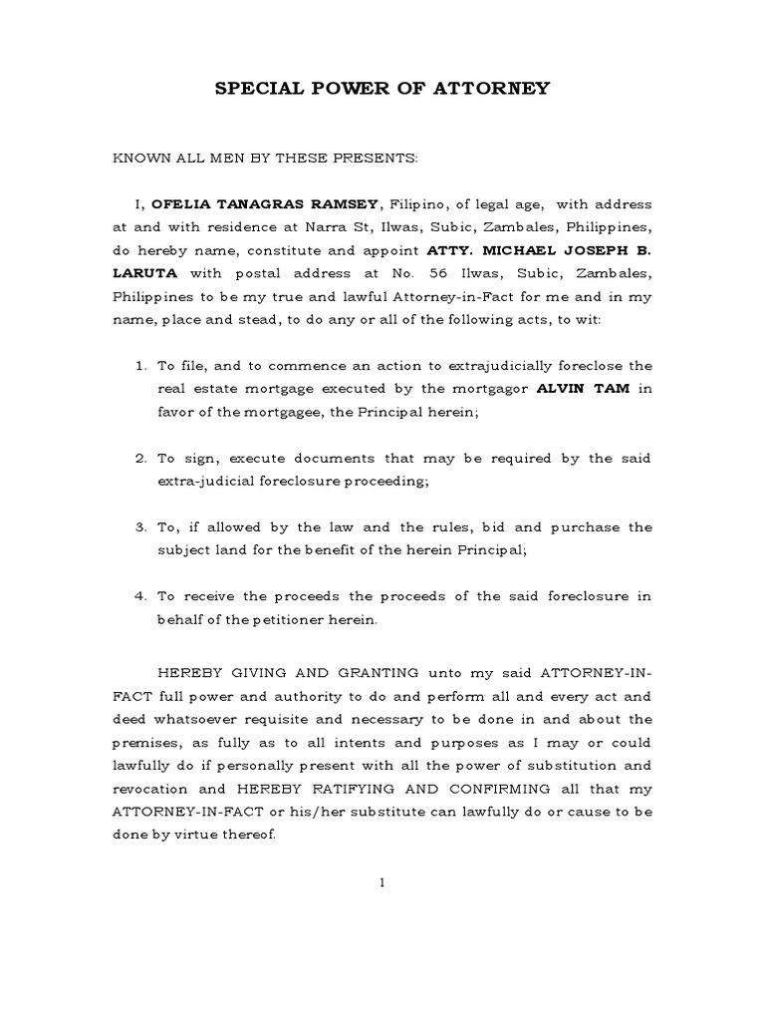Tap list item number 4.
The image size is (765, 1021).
[x=140, y=596]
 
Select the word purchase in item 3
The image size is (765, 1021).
[x=590, y=526]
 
